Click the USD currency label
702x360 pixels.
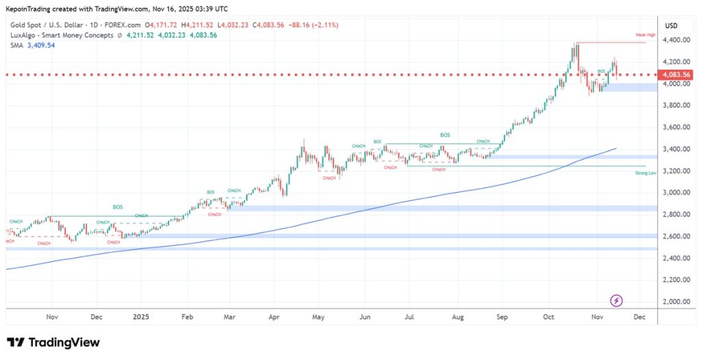click(x=671, y=26)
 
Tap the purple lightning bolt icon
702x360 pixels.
click(x=616, y=300)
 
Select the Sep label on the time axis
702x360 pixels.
click(x=503, y=317)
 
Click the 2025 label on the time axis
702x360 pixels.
click(x=141, y=317)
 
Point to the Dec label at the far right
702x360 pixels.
click(x=640, y=317)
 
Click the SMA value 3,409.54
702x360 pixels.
click(x=40, y=45)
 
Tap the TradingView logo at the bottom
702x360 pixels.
click(x=53, y=343)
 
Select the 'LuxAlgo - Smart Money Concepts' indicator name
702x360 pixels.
click(x=61, y=36)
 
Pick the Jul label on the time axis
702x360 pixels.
click(x=410, y=317)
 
